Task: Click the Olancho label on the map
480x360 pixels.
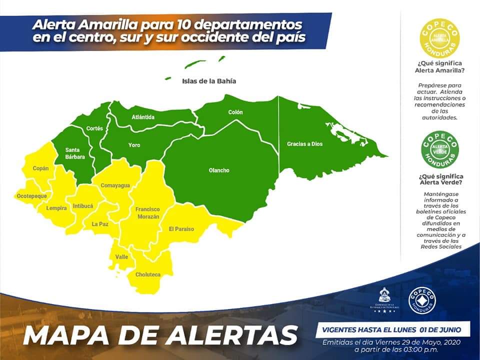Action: tap(219, 170)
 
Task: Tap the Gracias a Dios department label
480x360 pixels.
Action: tap(304, 144)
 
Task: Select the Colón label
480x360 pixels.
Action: tap(235, 112)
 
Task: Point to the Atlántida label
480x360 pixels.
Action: tap(143, 117)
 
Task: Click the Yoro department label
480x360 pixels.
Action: tap(134, 145)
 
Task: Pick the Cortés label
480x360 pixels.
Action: tap(94, 128)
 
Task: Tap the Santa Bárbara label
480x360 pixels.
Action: tap(75, 153)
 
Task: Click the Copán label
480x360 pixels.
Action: tap(41, 168)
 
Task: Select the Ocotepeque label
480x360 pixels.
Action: tap(31, 196)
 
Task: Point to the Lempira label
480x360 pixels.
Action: tap(56, 208)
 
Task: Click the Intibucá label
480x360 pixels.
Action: tap(83, 205)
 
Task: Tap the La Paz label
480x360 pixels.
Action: tap(99, 224)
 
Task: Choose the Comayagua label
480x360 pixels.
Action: tap(115, 185)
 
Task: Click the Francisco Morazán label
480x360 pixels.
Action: tap(147, 212)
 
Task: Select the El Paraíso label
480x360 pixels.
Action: tap(181, 229)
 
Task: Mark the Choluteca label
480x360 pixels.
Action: tap(148, 274)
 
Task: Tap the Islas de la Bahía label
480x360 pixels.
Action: tap(209, 81)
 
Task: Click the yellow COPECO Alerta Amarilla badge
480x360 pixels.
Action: tap(439, 37)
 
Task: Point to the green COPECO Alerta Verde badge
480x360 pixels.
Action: tap(439, 148)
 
